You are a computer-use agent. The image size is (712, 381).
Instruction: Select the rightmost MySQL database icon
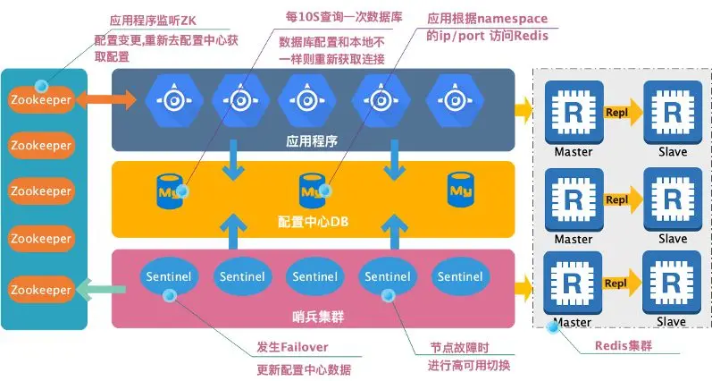click(461, 189)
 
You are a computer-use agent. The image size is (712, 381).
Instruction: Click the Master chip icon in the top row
click(573, 114)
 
